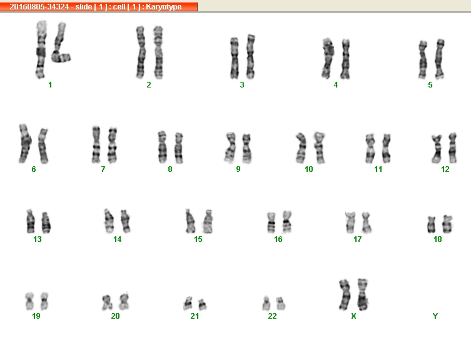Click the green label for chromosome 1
[50, 85]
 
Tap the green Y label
[435, 316]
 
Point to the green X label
[353, 316]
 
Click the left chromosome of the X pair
[345, 294]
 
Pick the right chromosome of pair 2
[158, 52]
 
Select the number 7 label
[103, 169]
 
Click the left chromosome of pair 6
[25, 144]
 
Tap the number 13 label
[38, 239]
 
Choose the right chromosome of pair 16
[287, 222]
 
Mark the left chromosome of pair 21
[188, 303]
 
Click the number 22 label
[272, 316]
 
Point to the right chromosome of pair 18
[447, 224]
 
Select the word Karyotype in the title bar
[164, 7]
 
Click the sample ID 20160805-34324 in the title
[39, 7]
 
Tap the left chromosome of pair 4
[328, 58]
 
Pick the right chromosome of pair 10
[319, 147]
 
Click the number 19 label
[36, 316]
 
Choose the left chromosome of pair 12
[437, 149]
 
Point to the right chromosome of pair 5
[440, 59]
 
